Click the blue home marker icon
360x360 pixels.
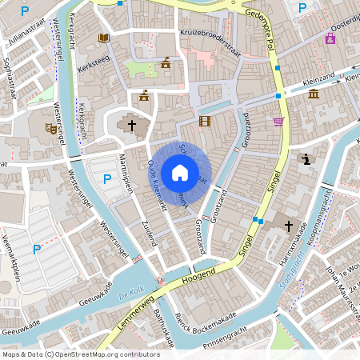(180, 173)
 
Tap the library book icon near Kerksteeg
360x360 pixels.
(103, 38)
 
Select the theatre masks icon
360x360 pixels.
(51, 128)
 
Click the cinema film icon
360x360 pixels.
(205, 122)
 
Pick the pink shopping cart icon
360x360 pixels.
(278, 122)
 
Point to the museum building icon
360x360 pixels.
(313, 95)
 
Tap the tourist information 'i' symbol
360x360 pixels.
(306, 159)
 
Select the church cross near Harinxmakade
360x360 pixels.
(289, 226)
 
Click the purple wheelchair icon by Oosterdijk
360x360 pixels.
(330, 39)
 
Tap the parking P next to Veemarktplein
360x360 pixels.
(36, 250)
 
